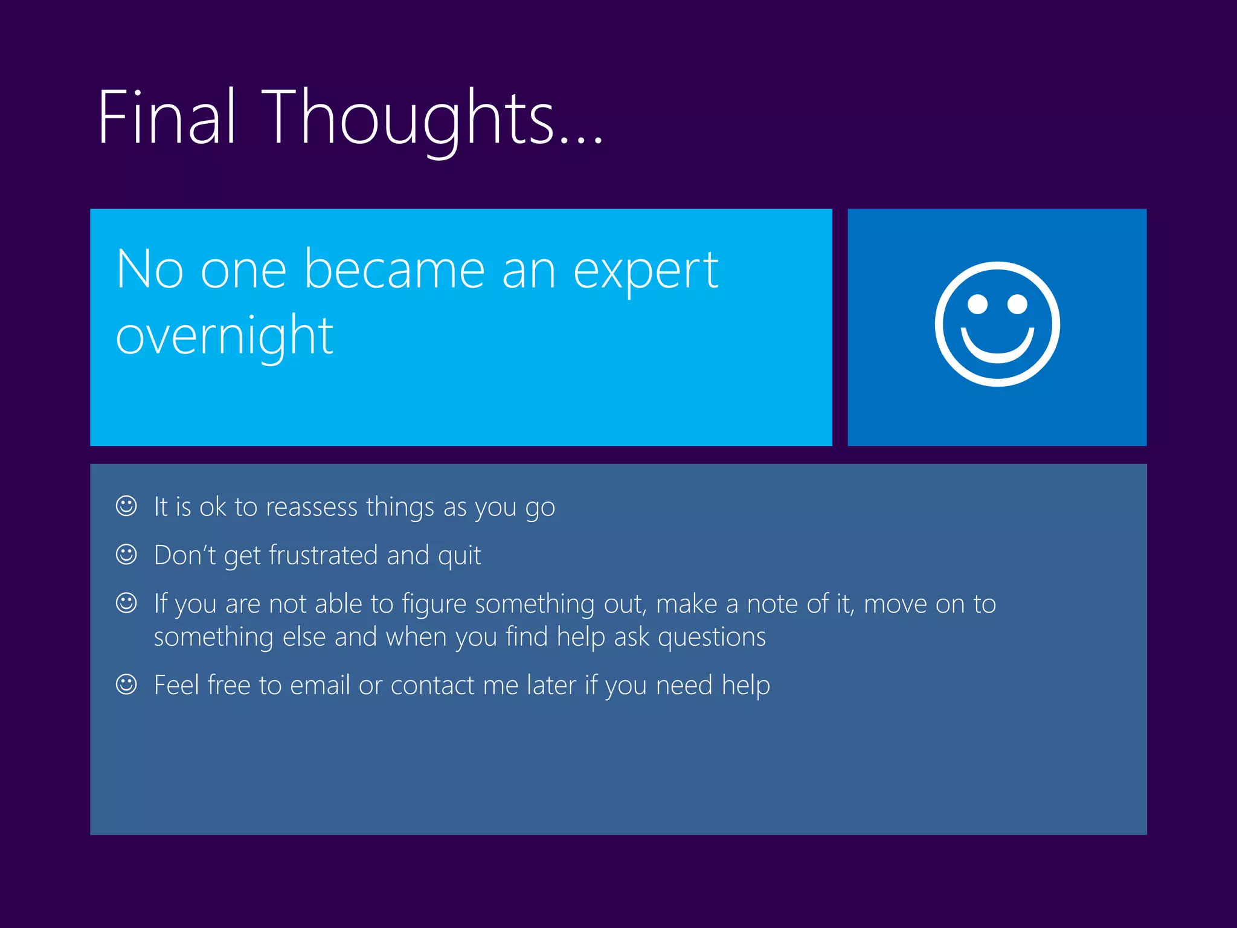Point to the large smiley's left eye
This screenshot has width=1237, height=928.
tap(977, 304)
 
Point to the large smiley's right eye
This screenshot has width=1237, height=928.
tap(1017, 304)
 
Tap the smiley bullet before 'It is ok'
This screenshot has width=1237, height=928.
tap(126, 506)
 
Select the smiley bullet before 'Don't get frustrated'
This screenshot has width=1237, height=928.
tap(126, 554)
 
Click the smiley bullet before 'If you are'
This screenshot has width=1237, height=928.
tap(126, 602)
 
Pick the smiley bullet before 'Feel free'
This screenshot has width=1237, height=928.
tap(126, 685)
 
